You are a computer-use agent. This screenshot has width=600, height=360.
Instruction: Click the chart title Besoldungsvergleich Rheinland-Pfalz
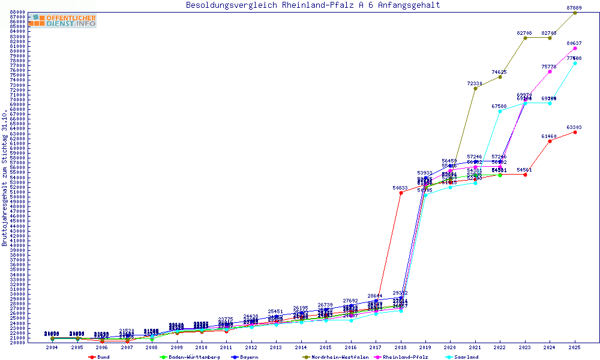pos(313,5)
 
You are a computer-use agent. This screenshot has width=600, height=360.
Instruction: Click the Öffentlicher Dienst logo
pos(62,20)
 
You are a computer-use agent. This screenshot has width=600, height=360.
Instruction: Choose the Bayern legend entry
pos(248,357)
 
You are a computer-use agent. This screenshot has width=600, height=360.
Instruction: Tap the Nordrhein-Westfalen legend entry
pos(340,357)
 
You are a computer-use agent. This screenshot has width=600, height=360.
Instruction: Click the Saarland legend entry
pos(466,357)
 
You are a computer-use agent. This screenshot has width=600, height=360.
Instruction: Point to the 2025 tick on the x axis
pos(575,347)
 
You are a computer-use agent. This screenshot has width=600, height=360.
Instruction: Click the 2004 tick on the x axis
pos(52,347)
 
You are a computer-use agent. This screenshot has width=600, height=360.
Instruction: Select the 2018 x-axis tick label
pos(401,347)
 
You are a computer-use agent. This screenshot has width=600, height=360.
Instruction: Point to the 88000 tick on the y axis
pos(17,12)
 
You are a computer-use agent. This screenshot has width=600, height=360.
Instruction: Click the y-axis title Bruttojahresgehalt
pos(5,178)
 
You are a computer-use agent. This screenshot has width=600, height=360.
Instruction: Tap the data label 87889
pos(574,8)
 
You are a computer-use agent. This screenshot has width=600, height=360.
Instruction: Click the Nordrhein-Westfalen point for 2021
pos(475,88)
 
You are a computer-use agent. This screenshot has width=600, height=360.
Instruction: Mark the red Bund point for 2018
pos(401,193)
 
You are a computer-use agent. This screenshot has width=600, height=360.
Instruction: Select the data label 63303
pos(574,127)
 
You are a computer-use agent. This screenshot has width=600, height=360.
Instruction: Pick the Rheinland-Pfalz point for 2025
pos(575,48)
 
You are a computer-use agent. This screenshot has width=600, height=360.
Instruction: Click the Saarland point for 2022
pos(500,111)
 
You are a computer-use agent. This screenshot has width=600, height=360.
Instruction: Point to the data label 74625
pos(499,72)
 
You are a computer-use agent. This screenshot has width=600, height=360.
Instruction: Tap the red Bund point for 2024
pos(550,141)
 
